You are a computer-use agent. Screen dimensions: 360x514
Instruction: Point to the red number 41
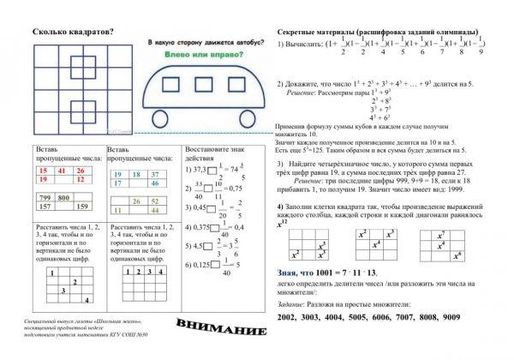click(x=61, y=171)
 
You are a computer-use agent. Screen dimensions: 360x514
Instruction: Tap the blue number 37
click(x=156, y=174)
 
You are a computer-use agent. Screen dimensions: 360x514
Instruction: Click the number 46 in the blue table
click(x=156, y=183)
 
